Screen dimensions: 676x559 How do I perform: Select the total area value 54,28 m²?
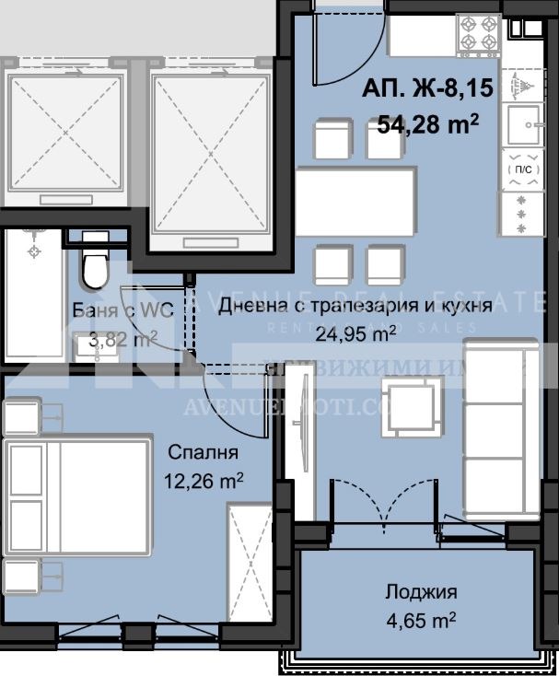(x=427, y=122)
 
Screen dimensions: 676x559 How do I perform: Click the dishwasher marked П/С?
(x=520, y=169)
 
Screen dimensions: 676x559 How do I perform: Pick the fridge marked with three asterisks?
(x=520, y=213)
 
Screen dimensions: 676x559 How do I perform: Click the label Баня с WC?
(x=116, y=310)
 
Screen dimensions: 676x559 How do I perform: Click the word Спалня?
(x=204, y=452)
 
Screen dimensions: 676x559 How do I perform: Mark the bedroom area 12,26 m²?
(x=204, y=480)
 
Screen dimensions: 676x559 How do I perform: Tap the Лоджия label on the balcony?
(x=421, y=591)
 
